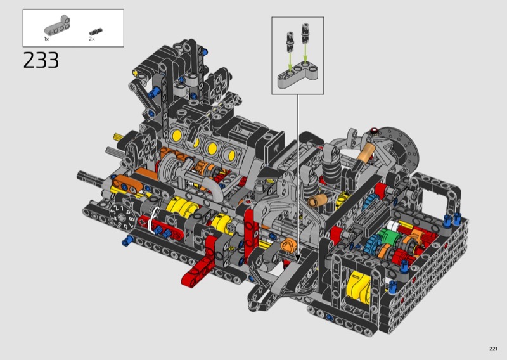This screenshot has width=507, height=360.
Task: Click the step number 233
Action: click(41, 60)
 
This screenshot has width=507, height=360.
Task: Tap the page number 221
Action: click(493, 349)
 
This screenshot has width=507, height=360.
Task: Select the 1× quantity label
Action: click(46, 39)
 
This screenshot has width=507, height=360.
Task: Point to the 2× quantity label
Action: click(92, 39)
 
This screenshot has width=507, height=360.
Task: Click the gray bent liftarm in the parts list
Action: click(58, 25)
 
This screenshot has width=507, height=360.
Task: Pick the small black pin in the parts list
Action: click(96, 32)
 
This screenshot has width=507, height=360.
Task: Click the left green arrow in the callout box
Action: click(290, 60)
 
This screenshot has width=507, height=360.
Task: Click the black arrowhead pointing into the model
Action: click(298, 258)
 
